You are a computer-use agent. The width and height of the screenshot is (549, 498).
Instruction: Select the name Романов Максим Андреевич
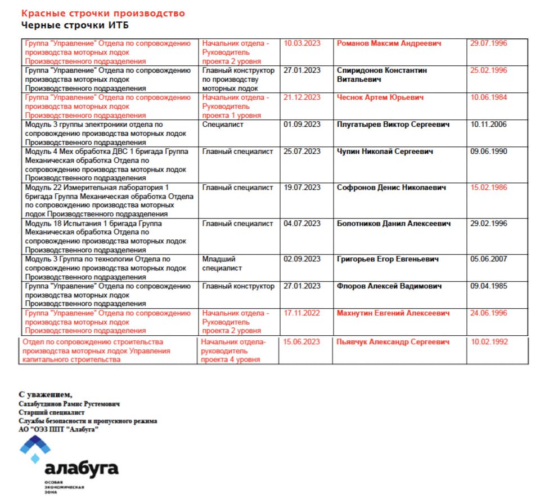(389, 43)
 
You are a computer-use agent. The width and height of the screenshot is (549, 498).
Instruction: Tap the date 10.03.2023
(302, 43)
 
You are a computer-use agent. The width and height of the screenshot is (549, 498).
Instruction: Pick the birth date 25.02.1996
(488, 70)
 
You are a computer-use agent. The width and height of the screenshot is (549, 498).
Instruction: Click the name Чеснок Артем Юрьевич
(380, 97)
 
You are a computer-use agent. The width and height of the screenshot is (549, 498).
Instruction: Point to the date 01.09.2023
(302, 124)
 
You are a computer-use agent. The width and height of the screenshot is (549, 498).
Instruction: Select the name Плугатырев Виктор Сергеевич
(393, 124)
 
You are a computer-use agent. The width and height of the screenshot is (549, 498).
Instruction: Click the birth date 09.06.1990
(488, 152)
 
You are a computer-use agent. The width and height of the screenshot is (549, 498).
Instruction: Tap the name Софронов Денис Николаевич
(391, 188)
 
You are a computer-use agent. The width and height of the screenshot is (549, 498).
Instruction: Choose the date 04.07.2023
(302, 224)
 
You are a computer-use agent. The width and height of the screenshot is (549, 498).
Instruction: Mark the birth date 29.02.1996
(488, 224)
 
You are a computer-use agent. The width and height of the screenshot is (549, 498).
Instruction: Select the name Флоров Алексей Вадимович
(389, 286)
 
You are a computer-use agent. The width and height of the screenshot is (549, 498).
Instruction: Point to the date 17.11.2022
(302, 313)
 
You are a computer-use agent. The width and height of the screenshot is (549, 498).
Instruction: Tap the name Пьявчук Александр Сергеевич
(393, 342)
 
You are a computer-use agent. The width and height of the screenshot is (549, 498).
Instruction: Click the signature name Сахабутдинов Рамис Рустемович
(69, 404)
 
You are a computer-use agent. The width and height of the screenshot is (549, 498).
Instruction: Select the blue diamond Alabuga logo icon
(35, 449)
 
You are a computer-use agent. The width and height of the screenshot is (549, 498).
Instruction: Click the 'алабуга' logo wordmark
(81, 469)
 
